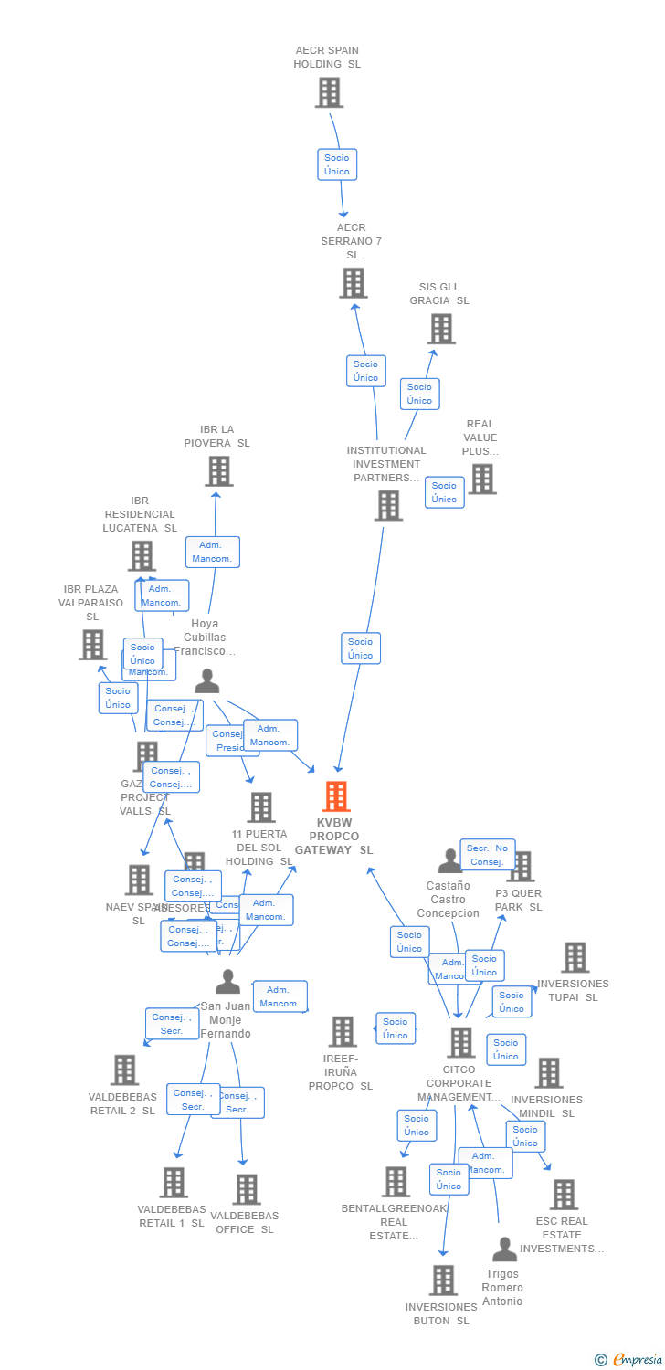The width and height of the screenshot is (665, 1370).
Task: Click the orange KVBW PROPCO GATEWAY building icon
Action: point(336,796)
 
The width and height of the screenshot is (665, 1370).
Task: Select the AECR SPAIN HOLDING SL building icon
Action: point(328,92)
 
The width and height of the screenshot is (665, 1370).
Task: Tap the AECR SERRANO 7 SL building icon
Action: point(354,282)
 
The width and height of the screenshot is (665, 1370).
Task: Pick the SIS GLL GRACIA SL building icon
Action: point(440,329)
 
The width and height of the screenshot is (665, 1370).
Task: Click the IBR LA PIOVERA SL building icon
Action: point(218,470)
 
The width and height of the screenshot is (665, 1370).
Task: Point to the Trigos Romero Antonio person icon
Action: point(504,1249)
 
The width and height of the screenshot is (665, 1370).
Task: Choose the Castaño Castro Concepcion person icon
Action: point(449,860)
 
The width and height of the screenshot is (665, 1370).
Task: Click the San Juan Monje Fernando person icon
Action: point(227,982)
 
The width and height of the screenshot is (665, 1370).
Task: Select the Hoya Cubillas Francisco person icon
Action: point(207,680)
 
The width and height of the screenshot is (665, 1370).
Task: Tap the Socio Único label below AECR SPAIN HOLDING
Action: point(336,164)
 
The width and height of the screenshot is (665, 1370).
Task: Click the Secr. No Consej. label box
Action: point(487,855)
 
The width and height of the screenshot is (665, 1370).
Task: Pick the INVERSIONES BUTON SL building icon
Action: point(443,1280)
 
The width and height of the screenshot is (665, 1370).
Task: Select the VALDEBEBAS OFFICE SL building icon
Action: point(246,1189)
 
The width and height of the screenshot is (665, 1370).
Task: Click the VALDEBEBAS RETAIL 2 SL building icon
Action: point(124,1070)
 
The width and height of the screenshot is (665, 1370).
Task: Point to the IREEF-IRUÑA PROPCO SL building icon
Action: point(342,1031)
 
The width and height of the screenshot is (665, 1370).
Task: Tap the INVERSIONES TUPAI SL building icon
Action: point(575,957)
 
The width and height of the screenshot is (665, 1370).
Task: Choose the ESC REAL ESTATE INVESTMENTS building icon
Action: point(564,1194)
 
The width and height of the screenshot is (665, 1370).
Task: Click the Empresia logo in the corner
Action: point(630,1360)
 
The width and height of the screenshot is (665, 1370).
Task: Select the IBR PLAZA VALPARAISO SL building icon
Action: point(92,645)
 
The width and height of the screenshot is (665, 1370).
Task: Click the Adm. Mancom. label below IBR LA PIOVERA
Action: point(213,552)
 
